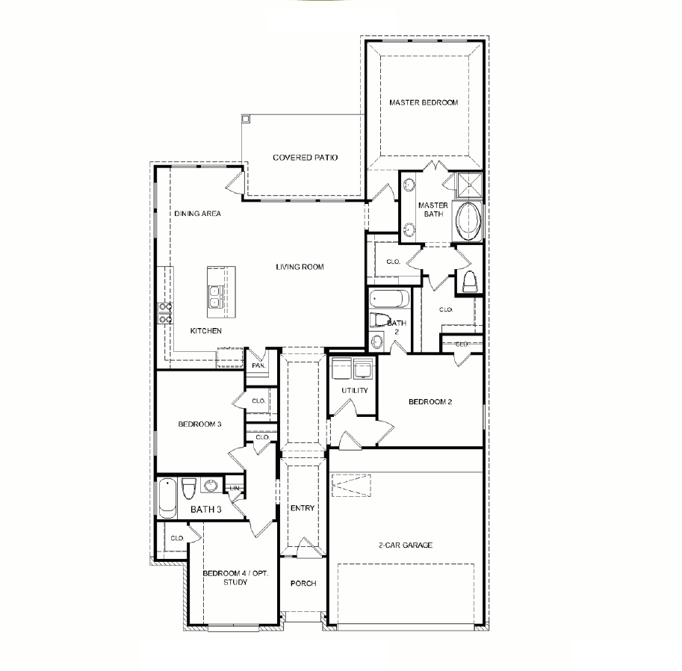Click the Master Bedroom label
[x=423, y=102]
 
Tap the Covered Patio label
[x=305, y=158]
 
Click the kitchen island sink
[x=214, y=297]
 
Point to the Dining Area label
[x=197, y=214]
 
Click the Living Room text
[x=299, y=267]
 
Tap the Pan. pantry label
[x=258, y=366]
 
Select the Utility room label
[x=354, y=391]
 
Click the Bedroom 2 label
[x=430, y=402]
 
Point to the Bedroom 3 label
[x=199, y=424]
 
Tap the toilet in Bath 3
[x=187, y=489]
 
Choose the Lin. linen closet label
[x=235, y=489]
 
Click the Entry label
[x=302, y=509]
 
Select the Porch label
[x=303, y=584]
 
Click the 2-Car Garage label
[x=406, y=545]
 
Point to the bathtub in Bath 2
[x=389, y=299]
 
